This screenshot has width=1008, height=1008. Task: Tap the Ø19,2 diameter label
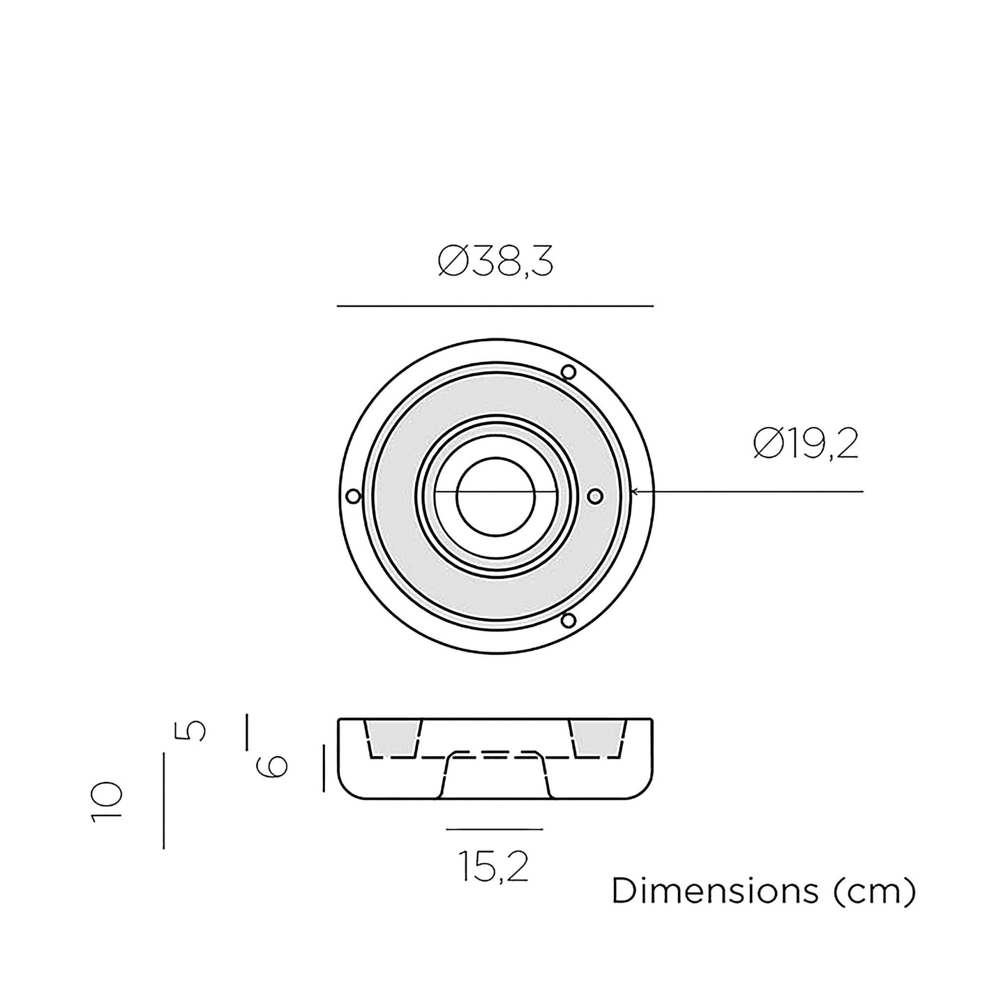(806, 444)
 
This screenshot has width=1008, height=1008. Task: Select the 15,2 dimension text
(494, 866)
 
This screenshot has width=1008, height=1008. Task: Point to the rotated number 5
(190, 730)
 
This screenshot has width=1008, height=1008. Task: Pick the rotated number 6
(271, 767)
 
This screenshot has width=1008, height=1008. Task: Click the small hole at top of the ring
(568, 373)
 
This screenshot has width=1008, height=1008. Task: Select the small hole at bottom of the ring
(568, 620)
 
